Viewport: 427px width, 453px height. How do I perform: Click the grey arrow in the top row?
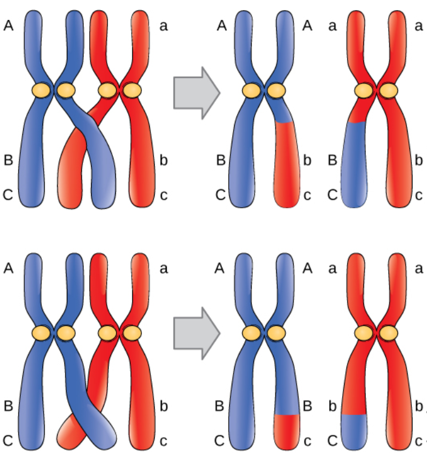click(196, 92)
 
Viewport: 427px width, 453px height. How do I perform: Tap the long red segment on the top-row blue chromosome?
click(287, 164)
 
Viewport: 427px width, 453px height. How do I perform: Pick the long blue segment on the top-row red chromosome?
click(353, 164)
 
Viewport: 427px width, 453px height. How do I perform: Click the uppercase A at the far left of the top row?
click(8, 26)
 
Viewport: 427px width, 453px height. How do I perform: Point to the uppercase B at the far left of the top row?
click(8, 160)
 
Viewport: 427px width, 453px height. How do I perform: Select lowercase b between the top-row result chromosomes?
click(307, 160)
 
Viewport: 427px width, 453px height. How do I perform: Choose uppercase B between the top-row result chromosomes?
click(332, 160)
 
